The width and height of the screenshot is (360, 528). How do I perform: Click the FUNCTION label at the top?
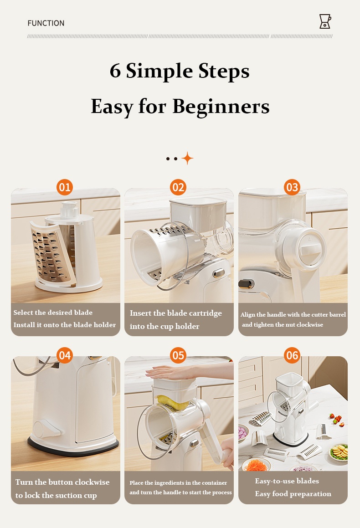pos(46,23)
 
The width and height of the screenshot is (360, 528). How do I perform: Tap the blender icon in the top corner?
pos(325,21)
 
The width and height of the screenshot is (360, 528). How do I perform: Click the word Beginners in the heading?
pos(221,107)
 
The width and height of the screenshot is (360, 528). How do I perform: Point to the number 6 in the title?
pos(115,71)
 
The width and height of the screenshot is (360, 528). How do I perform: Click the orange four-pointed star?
pos(188,158)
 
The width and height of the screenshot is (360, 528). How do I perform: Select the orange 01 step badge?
pos(65,187)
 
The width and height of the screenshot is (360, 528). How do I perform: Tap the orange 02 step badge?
pos(178,187)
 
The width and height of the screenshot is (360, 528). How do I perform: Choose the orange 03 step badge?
pos(292,187)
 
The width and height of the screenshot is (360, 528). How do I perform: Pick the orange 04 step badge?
pos(65,355)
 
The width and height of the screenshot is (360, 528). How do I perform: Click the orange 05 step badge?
pos(178,355)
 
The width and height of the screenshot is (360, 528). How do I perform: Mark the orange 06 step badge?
pos(292,355)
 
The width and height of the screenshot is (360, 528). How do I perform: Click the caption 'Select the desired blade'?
pos(53,313)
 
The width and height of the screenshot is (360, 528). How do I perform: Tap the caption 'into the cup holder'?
pos(165,326)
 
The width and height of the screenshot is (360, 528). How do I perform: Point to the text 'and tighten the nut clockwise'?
pos(283,325)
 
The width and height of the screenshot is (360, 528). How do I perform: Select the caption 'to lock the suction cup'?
pos(56,495)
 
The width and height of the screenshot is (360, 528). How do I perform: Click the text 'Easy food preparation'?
pos(293,494)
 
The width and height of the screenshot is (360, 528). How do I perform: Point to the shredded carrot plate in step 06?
pos(256,465)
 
